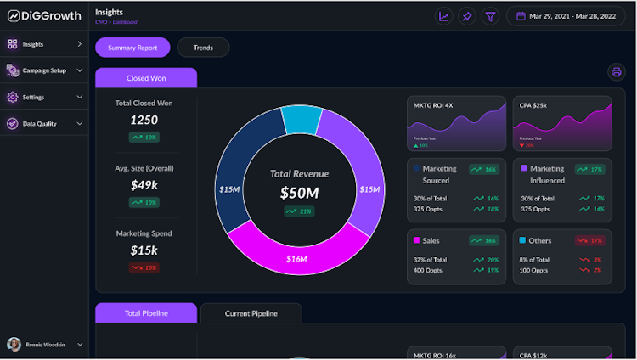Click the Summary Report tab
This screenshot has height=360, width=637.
pos(132,48)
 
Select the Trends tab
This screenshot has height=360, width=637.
pos(203,48)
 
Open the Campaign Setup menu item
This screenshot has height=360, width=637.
pos(45,70)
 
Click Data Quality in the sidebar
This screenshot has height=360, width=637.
pos(40,123)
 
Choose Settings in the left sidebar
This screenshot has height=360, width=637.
pos(34,97)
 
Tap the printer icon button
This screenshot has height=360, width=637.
pos(617,72)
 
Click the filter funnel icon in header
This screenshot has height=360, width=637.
pos(490,16)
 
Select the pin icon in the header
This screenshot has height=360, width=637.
pos(467,16)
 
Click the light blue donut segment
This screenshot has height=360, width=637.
pos(302,120)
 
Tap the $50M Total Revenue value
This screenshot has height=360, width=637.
pos(299,193)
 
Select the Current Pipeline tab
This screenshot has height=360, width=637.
pos(251,313)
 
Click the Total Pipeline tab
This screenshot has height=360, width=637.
pos(146,313)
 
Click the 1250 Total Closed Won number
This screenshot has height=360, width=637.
pos(144,120)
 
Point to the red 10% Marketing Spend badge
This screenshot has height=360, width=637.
pos(144,267)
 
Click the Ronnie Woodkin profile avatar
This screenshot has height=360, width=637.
pos(14,345)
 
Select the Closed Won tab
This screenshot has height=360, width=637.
pos(146,78)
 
